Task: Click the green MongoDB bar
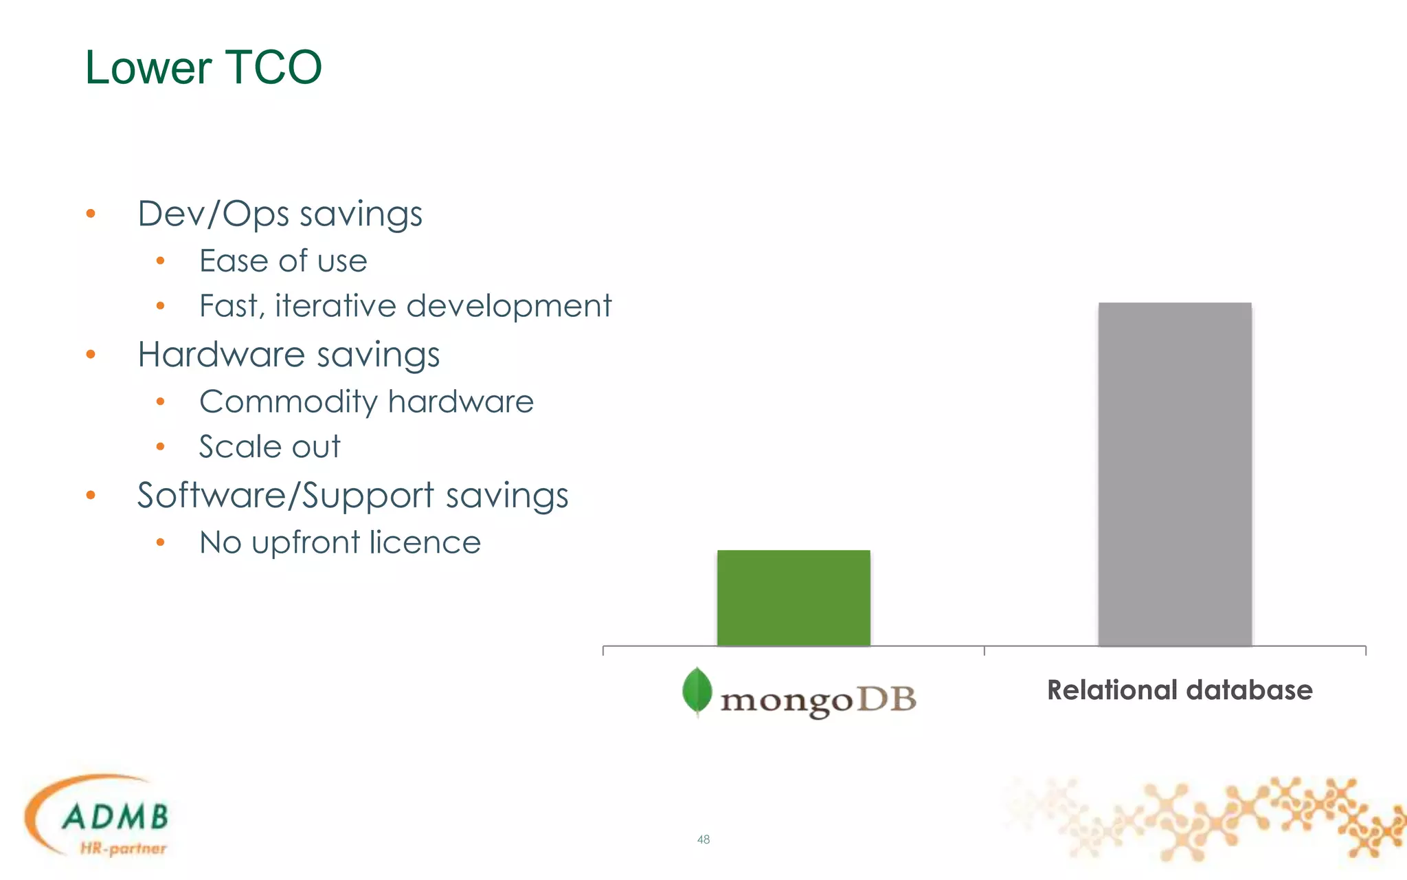(793, 597)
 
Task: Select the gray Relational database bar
(1175, 474)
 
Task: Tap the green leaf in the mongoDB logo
(697, 690)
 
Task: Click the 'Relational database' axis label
(1180, 690)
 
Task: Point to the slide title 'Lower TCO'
(203, 67)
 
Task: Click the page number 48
(703, 839)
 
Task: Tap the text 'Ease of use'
(283, 261)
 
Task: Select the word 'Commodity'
(287, 401)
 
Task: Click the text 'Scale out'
(269, 447)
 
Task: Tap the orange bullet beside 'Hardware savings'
(91, 355)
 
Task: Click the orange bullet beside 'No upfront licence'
(160, 542)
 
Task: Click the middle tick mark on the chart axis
(984, 650)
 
